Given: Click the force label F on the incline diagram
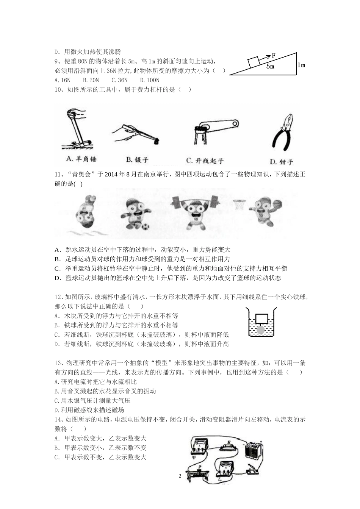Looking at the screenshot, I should point(274,55).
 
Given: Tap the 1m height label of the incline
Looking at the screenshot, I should point(301,65).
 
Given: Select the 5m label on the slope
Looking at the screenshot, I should point(270,67).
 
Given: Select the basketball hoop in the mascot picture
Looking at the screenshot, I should point(238,205).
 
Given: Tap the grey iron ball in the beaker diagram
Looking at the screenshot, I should point(261,330).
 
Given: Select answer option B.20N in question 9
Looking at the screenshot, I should point(91,80).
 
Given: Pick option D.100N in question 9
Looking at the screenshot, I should point(150,80).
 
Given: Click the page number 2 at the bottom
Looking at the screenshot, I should point(180,476).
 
